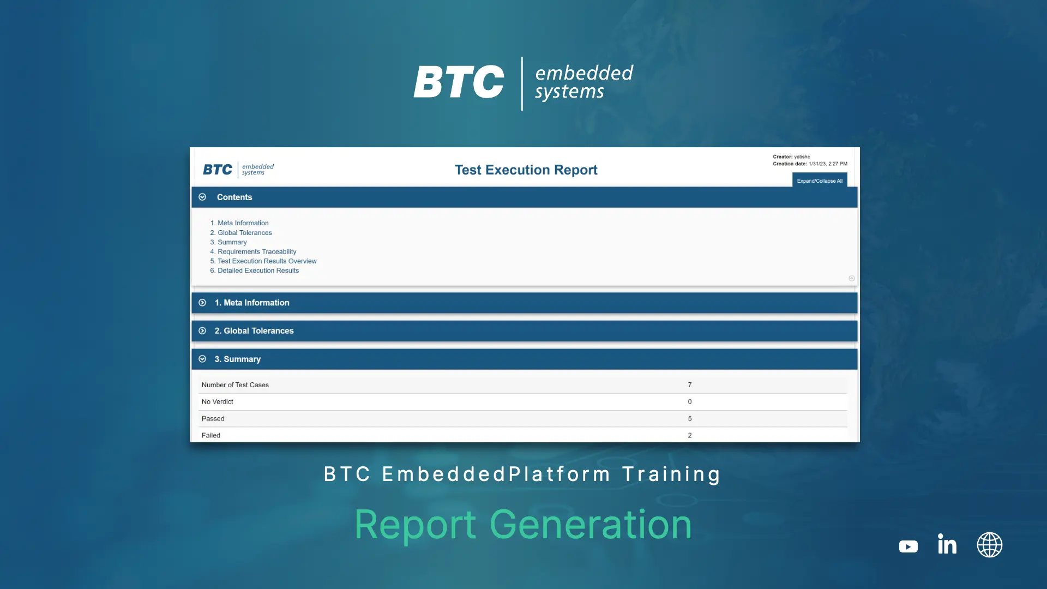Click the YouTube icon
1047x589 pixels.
[x=908, y=546]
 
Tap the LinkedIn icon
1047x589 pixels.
[x=947, y=544]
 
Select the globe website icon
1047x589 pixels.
[x=989, y=545]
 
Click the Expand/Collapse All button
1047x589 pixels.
[x=820, y=181]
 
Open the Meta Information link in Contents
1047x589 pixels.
[x=243, y=223]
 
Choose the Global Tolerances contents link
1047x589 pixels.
[x=244, y=233]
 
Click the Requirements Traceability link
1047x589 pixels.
[x=257, y=251]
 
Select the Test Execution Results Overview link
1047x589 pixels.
[x=267, y=261]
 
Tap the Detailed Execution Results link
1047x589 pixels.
[x=258, y=271]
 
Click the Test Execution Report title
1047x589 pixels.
[x=526, y=170]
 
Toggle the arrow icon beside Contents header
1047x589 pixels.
[x=202, y=197]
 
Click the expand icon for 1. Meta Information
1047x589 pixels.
[x=202, y=303]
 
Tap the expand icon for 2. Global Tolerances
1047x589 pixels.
[x=202, y=331]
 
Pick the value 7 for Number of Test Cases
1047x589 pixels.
[x=690, y=385]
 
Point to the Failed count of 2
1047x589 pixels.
[x=690, y=435]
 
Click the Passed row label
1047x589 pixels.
[x=213, y=419]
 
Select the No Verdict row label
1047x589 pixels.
[x=217, y=402]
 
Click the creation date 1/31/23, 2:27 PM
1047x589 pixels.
[x=828, y=164]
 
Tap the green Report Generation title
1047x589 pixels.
[x=523, y=525]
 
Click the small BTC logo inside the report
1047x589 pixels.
[x=238, y=170]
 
